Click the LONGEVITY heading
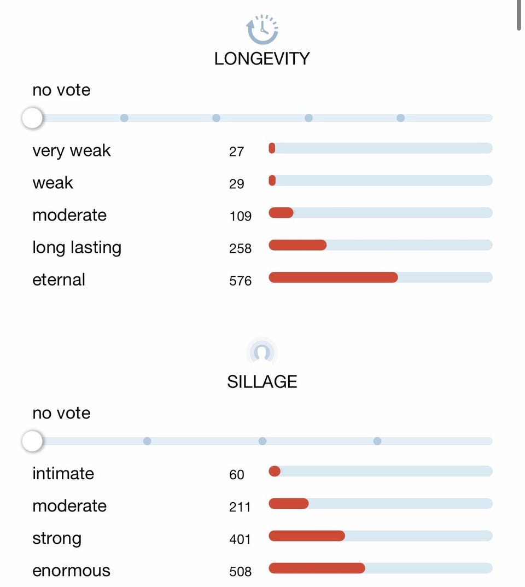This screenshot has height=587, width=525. [262, 59]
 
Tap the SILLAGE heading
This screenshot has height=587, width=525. [262, 381]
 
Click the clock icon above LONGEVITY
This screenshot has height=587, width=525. [262, 29]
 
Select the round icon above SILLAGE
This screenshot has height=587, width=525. [262, 352]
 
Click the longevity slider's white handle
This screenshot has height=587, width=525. [32, 118]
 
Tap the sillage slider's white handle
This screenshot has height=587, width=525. [32, 440]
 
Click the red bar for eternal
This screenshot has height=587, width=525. [333, 277]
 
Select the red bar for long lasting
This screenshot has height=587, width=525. [297, 245]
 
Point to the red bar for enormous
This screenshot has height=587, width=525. [317, 568]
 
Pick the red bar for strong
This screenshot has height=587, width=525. [307, 536]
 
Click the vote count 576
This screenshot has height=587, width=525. [241, 281]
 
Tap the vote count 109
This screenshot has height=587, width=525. [241, 216]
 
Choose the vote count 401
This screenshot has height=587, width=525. [240, 539]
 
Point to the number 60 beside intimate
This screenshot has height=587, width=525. [237, 474]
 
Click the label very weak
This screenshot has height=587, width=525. [72, 150]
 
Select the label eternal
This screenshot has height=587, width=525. [59, 280]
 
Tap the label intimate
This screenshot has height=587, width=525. [63, 473]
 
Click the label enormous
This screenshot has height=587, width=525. [72, 571]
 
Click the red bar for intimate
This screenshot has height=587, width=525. [275, 471]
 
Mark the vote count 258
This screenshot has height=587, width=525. [241, 248]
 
